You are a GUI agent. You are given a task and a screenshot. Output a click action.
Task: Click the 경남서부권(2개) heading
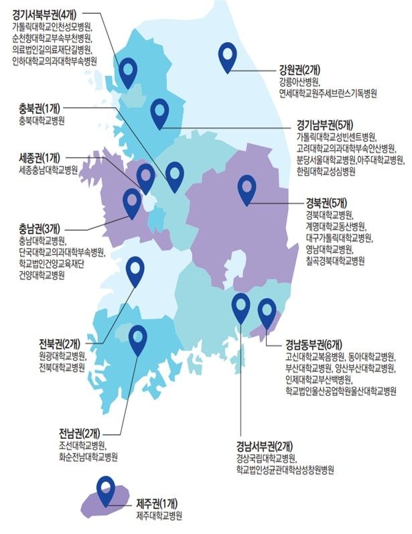click(263, 446)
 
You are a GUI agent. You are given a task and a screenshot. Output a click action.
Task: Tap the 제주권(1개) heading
click(157, 503)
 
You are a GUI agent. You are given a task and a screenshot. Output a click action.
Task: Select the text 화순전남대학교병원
click(88, 457)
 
